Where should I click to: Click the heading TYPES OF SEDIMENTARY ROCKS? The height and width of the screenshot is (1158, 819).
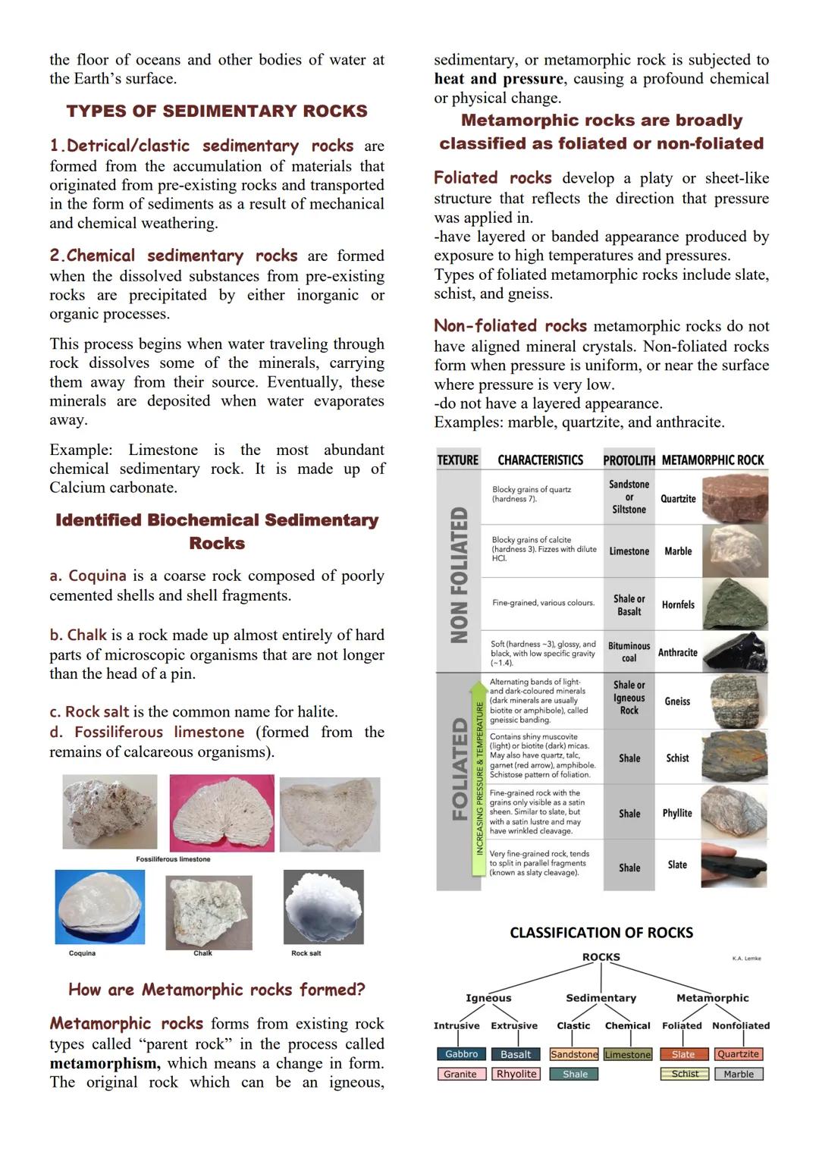coord(217,111)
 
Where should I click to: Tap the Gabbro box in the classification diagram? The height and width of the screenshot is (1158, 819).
coord(461,1054)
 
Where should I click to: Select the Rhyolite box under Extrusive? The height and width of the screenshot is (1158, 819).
coord(516,1074)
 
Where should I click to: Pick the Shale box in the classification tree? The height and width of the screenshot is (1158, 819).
coord(575,1074)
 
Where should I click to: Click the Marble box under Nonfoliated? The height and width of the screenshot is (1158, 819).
coord(738,1074)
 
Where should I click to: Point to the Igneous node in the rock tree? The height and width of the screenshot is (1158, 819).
coord(488,998)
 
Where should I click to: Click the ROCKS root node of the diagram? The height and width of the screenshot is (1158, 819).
coord(601,957)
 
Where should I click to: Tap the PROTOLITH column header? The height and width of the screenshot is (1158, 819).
coord(629,460)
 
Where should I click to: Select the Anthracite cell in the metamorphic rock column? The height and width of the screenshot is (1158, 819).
coord(677,652)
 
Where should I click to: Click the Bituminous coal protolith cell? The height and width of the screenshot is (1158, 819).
coord(629,652)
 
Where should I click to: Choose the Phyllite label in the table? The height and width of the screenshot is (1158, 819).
coord(677,813)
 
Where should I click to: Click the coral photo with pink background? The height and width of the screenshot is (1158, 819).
coord(221,813)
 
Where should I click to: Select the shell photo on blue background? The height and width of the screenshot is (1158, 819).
coord(99,907)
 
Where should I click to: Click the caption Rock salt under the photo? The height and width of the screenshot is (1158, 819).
coord(306,953)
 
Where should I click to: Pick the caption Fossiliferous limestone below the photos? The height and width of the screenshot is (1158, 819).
coord(173,859)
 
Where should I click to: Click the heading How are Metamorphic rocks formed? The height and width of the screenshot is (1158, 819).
coord(217,990)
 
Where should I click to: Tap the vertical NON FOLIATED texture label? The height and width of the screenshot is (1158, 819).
coord(459,575)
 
